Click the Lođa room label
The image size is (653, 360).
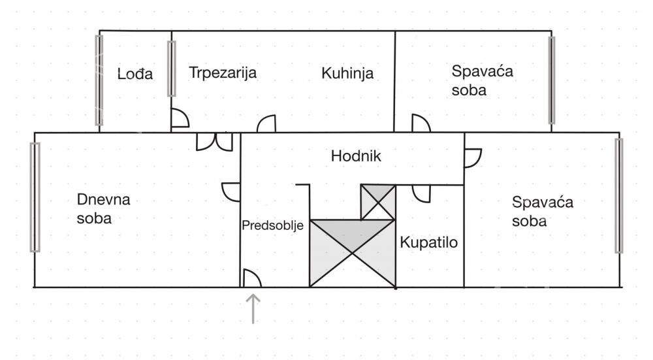click(135, 74)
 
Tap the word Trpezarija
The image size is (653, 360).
click(223, 73)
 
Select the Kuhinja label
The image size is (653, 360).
click(347, 73)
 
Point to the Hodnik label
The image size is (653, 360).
click(356, 156)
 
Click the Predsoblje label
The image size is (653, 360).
click(272, 226)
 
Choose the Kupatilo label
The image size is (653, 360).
click(428, 242)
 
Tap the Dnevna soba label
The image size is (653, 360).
click(103, 209)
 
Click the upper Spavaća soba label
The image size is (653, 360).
click(482, 80)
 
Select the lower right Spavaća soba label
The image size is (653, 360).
click(542, 211)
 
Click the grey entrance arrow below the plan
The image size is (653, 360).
click(253, 309)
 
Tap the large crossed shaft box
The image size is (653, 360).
click(353, 254)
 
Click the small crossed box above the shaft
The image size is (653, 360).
click(377, 202)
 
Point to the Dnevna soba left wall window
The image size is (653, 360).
click(35, 197)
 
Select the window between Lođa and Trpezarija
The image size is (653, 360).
click(171, 69)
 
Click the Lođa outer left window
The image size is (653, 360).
click(99, 80)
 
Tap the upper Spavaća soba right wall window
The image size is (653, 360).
click(551, 80)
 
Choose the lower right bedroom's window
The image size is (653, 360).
click(619, 196)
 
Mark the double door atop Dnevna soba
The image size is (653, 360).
click(214, 142)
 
